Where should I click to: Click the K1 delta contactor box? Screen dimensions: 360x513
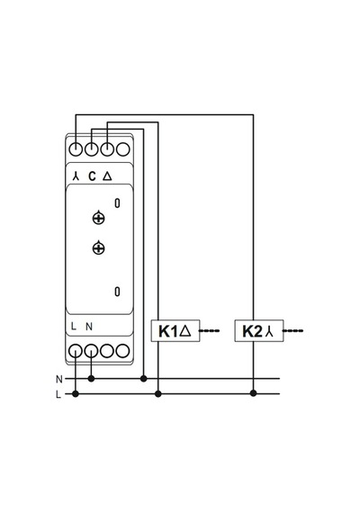[175, 331]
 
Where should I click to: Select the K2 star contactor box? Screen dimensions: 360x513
[259, 331]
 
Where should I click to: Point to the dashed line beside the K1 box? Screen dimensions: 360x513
[209, 331]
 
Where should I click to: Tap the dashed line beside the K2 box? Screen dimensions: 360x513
[292, 331]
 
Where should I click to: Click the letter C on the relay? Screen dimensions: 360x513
[93, 176]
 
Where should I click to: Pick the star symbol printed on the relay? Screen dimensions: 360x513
[76, 176]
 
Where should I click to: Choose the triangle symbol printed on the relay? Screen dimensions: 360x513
[107, 176]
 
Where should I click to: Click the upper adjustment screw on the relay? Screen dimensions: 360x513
[98, 218]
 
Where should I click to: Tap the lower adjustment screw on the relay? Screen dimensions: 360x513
[98, 248]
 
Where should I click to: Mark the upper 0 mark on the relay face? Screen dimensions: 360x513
[117, 203]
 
